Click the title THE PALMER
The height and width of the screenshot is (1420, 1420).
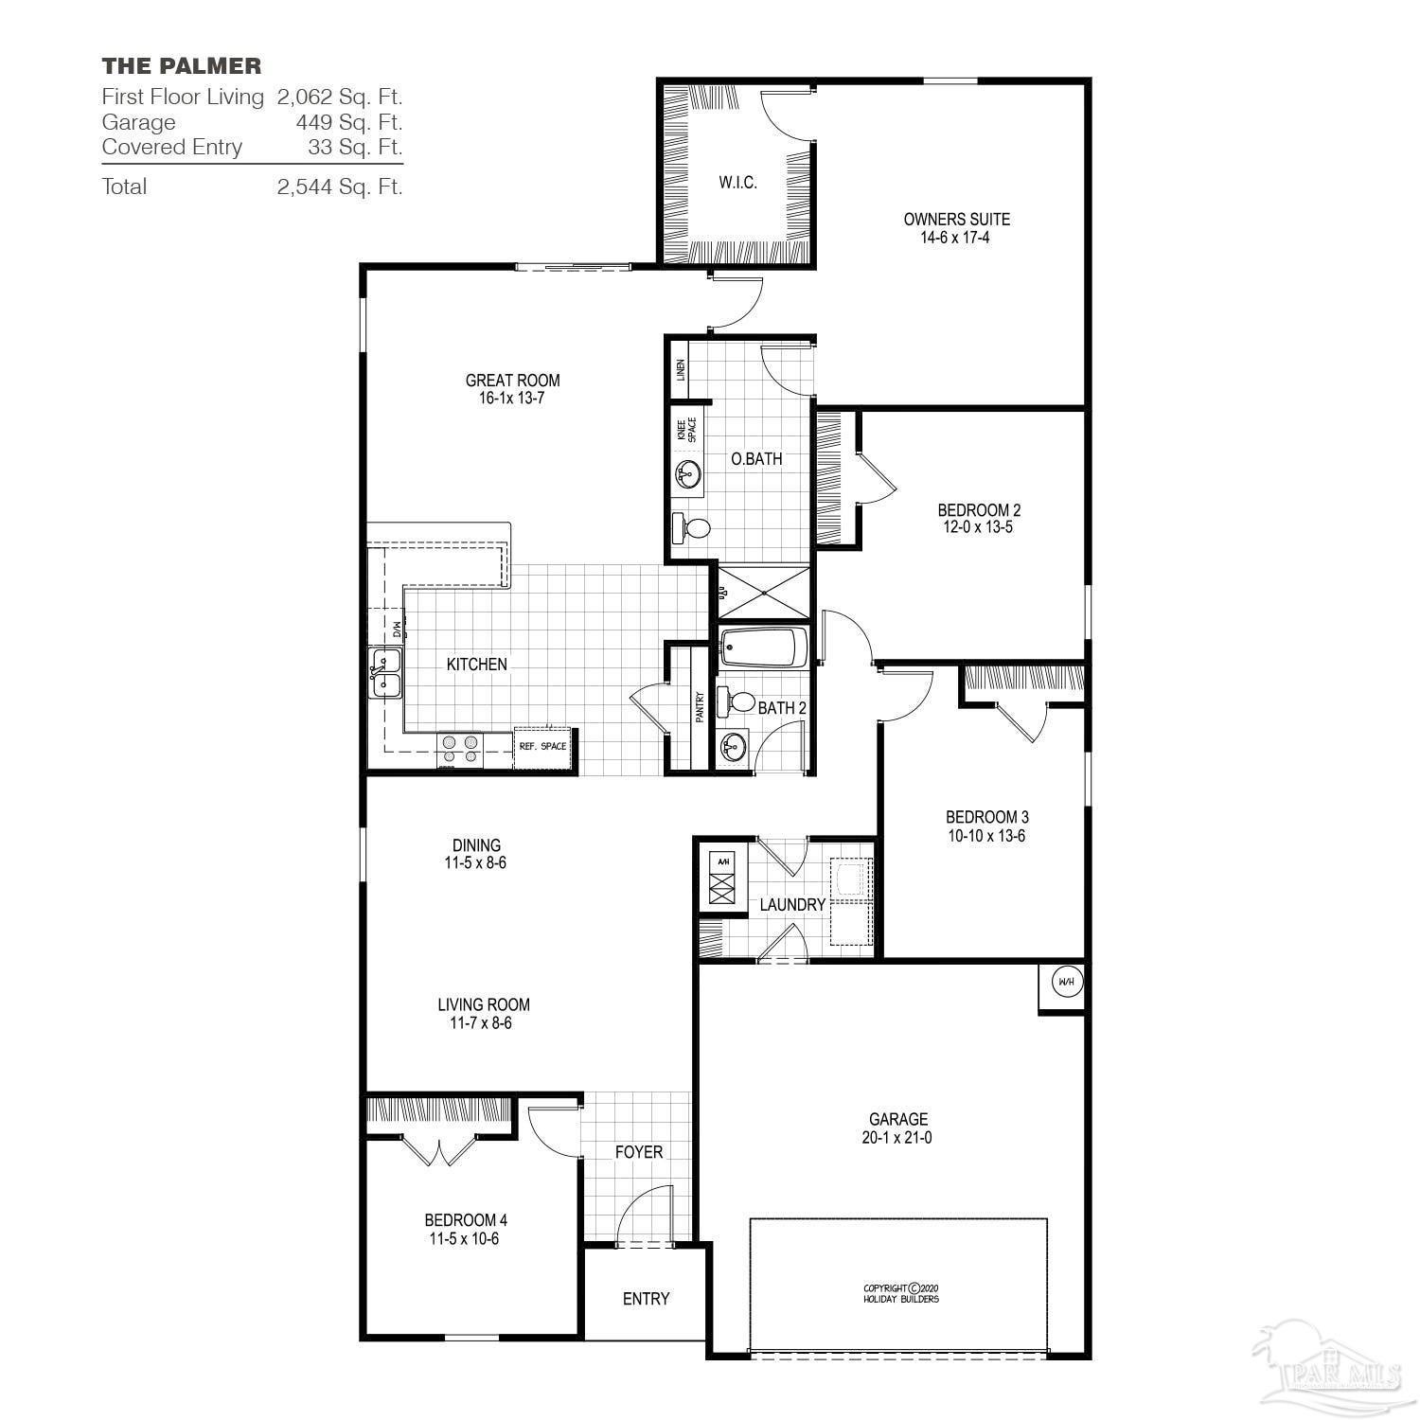point(182,65)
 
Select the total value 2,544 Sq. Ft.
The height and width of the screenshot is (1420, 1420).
point(339,186)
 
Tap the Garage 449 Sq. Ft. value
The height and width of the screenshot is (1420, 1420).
point(348,122)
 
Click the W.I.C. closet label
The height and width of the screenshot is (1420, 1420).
point(737,183)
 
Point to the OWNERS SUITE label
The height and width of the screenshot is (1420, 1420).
point(956,219)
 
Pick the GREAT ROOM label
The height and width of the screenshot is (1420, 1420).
point(512,381)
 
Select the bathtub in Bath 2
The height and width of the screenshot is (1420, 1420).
point(763,649)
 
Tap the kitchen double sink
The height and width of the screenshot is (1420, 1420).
point(385,673)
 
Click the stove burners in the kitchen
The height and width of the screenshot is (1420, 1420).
point(460,750)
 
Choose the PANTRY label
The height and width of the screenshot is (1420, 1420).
point(700,706)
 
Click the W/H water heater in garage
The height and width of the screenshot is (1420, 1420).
point(1065,982)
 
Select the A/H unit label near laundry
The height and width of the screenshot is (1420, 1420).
point(723,861)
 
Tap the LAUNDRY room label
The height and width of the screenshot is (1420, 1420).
point(792,905)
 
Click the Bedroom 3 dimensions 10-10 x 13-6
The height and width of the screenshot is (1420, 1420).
point(986,836)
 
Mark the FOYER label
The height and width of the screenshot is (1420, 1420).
point(639,1152)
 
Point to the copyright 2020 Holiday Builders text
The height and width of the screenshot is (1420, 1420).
point(900,1293)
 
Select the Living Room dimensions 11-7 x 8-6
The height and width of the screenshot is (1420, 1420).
point(483,1023)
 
